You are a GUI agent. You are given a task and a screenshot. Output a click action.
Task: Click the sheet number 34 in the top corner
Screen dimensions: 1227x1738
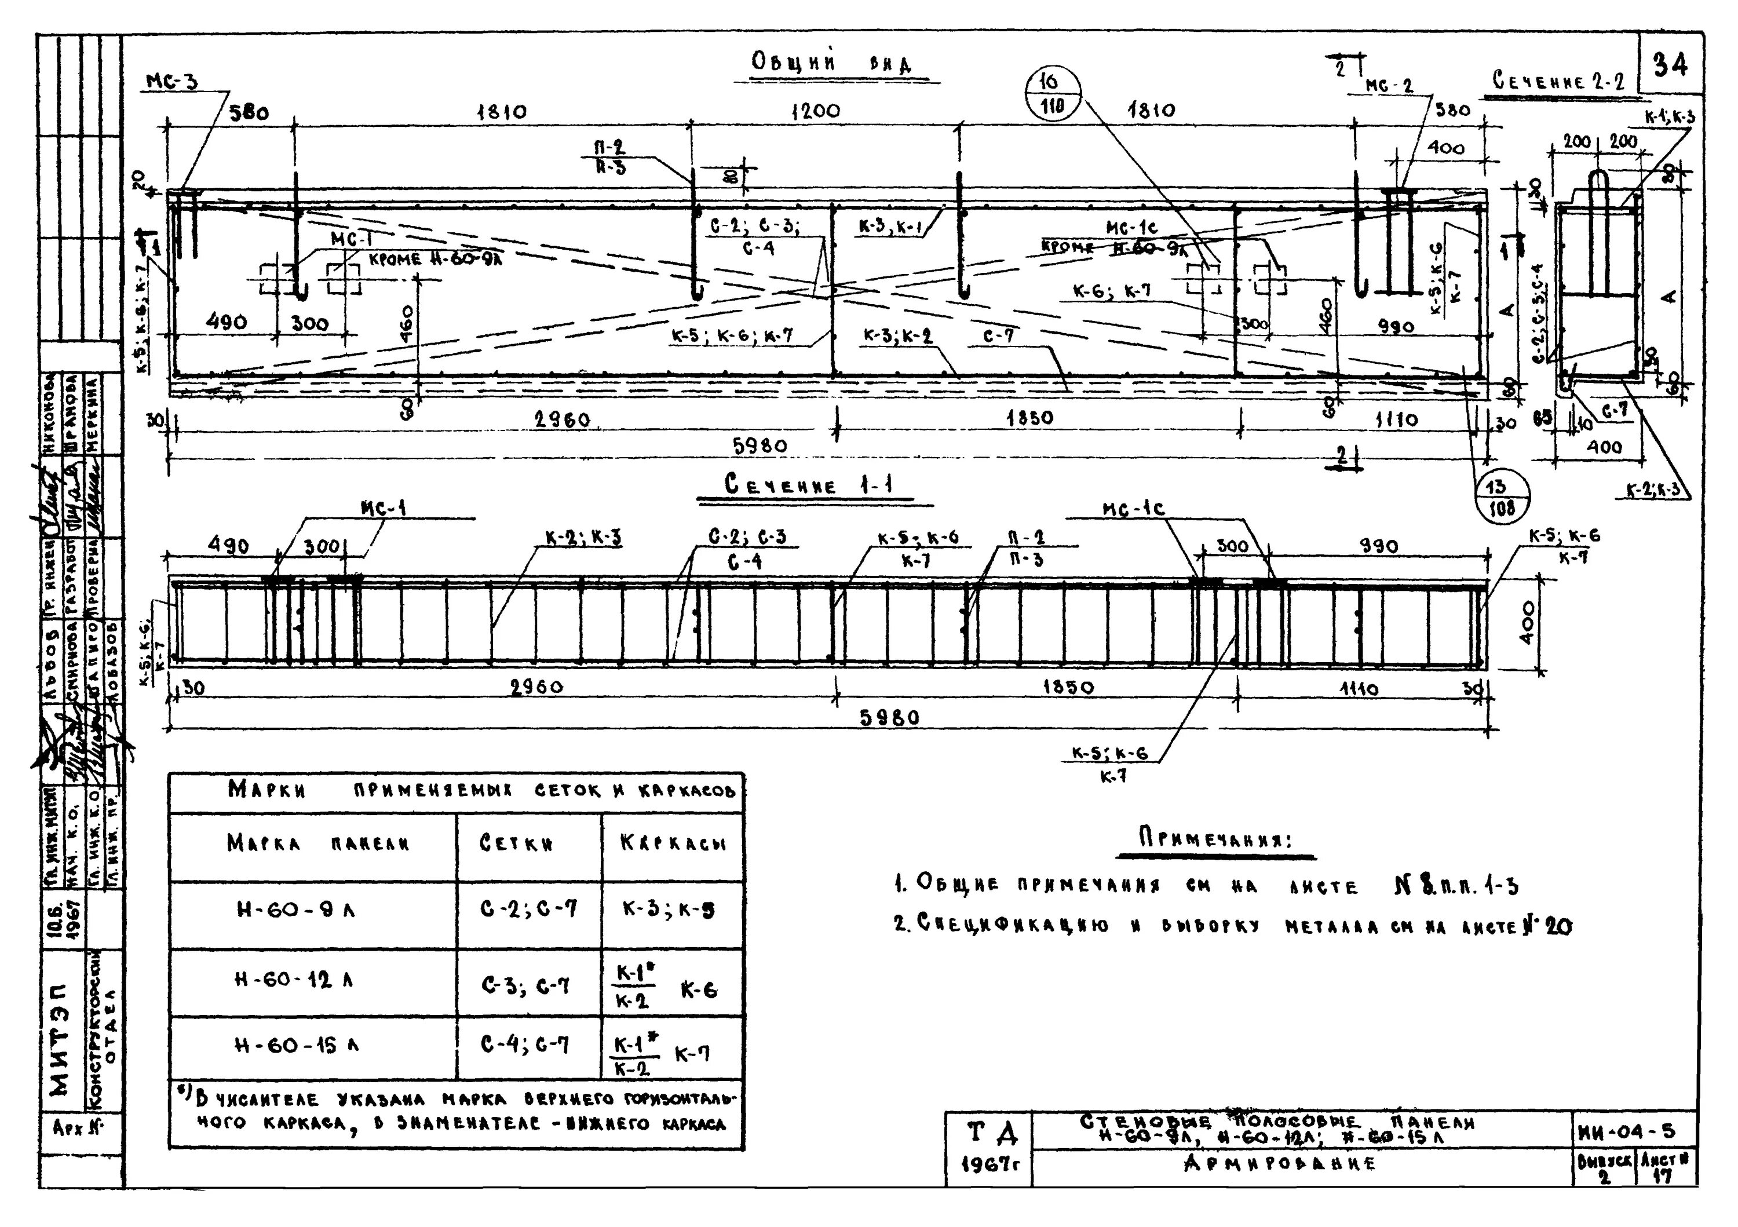pos(1671,66)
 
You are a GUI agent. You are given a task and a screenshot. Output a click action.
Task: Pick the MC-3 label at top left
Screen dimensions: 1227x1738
pos(172,81)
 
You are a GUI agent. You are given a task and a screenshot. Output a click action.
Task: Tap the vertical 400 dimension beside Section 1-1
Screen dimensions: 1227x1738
pos(1527,622)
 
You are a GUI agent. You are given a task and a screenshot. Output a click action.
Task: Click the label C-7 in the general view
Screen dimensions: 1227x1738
pos(999,335)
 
